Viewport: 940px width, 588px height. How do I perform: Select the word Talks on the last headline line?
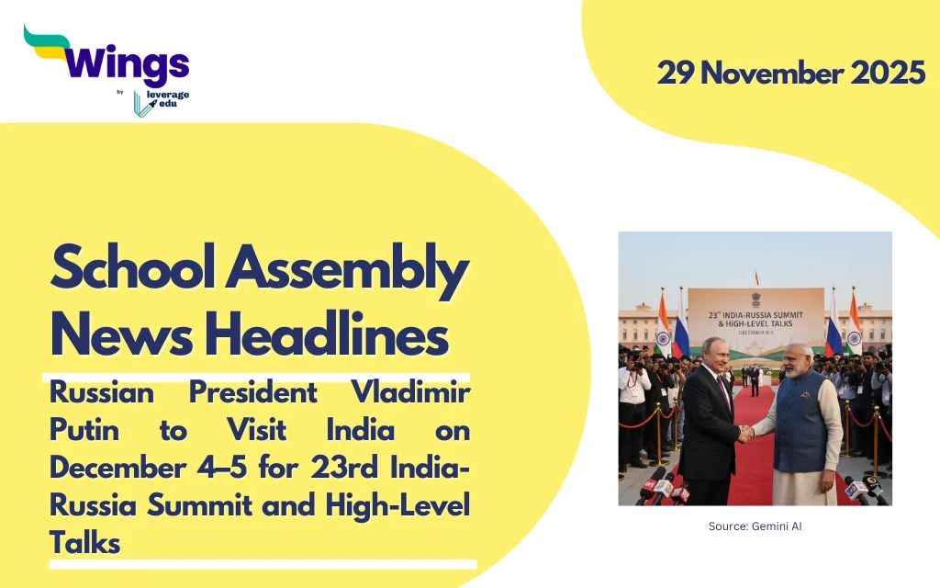pyautogui.click(x=85, y=543)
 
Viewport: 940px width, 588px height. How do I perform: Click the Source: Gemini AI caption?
pyautogui.click(x=755, y=526)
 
